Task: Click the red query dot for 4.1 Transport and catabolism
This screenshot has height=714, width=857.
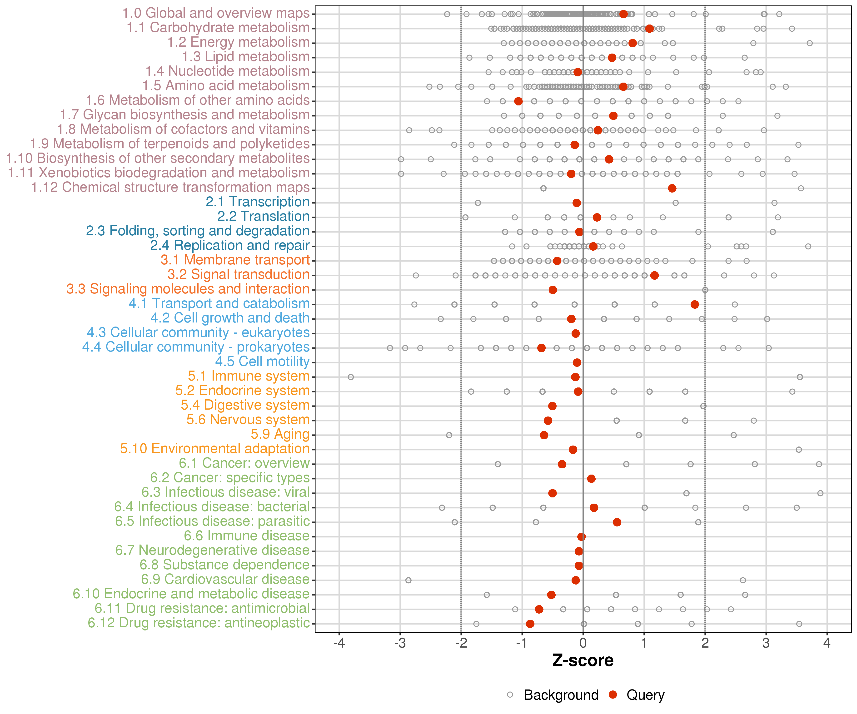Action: coord(695,304)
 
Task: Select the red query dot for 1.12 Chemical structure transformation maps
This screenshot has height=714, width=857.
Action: coord(672,188)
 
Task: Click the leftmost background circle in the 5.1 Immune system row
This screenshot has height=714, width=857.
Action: coord(351,377)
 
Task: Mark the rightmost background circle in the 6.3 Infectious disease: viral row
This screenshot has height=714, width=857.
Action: coord(820,493)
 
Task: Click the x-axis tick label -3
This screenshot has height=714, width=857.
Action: coord(400,643)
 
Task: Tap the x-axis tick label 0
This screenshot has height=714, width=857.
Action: coord(583,643)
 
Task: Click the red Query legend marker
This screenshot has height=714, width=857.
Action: coord(613,694)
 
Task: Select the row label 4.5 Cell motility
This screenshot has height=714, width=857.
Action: coord(262,362)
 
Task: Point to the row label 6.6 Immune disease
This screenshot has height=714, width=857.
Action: coord(246,536)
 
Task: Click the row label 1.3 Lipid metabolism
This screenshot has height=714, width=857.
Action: coord(246,56)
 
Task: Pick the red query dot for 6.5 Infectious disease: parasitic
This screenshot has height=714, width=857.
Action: coord(617,522)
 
